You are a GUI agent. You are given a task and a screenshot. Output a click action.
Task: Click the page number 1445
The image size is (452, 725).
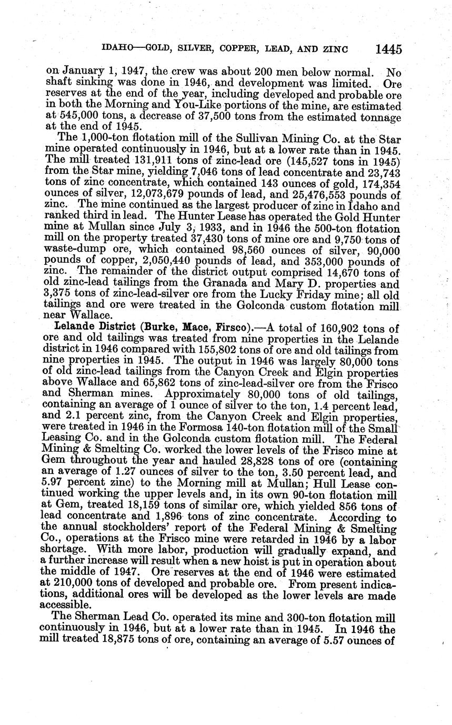pos(389,49)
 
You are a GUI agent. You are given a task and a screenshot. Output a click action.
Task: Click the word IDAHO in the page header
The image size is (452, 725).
pos(117,49)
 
